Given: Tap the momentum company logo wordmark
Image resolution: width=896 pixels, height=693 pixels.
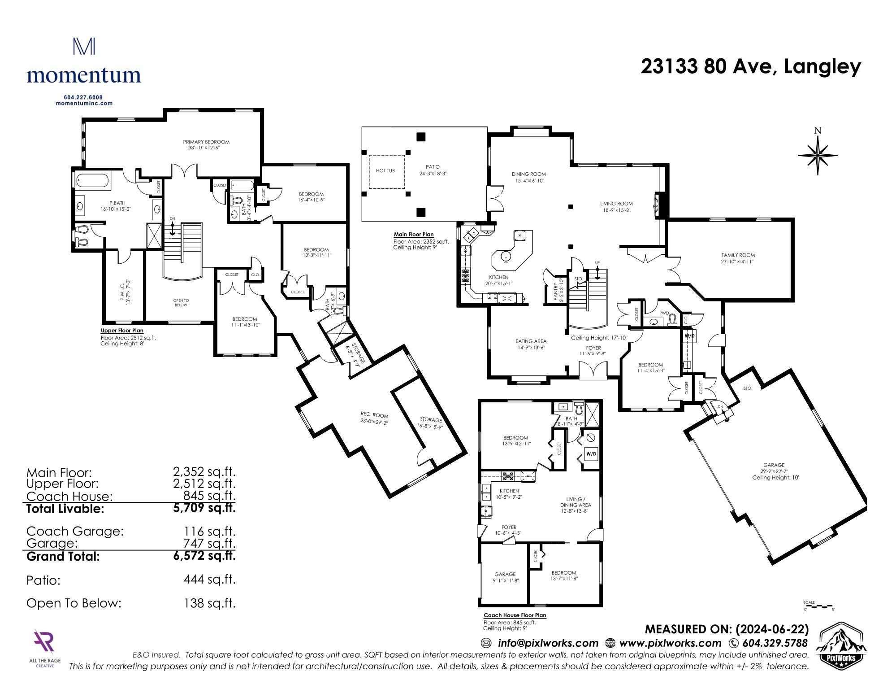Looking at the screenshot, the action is (x=84, y=74).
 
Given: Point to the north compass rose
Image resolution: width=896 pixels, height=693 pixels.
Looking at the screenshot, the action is (x=818, y=153).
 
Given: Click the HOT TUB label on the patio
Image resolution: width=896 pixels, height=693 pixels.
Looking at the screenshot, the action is (x=385, y=171).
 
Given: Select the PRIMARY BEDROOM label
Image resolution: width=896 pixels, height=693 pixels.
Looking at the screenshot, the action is (x=206, y=142).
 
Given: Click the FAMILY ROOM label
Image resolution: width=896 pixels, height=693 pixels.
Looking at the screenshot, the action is (x=738, y=255).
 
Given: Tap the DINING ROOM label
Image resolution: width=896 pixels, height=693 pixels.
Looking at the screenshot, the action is (x=529, y=174).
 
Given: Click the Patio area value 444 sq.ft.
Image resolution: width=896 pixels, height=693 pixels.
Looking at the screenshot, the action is (x=209, y=580).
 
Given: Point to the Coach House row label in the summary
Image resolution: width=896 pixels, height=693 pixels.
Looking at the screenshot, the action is (x=69, y=497).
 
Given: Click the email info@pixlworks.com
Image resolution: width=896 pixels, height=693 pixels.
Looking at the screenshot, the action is (x=548, y=643).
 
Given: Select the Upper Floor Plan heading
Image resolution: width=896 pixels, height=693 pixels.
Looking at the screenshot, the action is (x=122, y=331).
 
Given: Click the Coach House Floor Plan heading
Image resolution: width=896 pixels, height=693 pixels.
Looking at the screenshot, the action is (x=515, y=615).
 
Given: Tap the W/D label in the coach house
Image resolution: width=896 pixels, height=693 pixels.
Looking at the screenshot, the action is (x=592, y=454).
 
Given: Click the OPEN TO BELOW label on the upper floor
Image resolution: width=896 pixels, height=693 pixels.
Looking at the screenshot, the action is (x=181, y=303).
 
